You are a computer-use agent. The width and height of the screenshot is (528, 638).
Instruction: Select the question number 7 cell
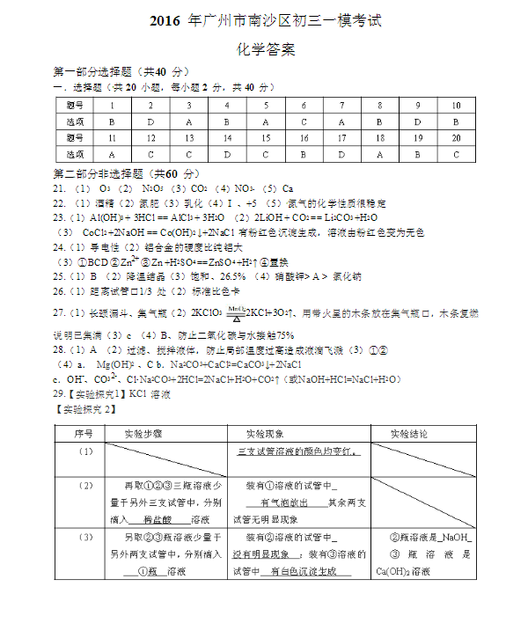coord(341,105)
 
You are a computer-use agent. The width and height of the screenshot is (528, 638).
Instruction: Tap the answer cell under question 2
coord(150,121)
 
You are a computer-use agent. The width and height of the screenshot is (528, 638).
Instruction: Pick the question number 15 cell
coord(265,138)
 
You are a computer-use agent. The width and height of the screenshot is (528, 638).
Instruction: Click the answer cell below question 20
coord(456,155)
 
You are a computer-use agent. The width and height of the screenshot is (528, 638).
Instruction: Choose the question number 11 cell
coord(112,138)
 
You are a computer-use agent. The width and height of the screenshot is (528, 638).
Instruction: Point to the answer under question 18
coord(379,155)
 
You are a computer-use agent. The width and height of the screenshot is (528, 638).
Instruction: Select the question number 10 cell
coord(456,105)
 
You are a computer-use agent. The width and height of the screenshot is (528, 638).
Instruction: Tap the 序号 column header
coord(84,433)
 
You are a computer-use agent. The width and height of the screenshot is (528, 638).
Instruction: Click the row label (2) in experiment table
coord(85,486)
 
